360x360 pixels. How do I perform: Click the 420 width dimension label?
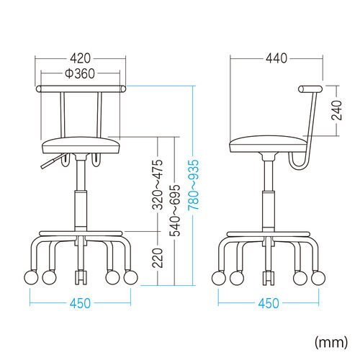pos(81,58)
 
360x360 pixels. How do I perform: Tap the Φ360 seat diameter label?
pos(80,73)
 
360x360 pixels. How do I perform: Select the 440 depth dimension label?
pos(276,58)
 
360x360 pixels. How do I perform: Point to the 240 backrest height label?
pos(336,110)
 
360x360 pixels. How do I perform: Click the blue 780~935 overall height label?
pos(194,185)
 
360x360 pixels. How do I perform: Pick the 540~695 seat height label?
pos(174,210)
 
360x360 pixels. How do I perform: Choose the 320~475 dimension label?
pos(158,184)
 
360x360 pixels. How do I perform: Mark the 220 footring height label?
pos(158,258)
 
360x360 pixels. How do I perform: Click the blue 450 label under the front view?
pos(81,303)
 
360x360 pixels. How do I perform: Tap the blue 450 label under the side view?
pos(269,303)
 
